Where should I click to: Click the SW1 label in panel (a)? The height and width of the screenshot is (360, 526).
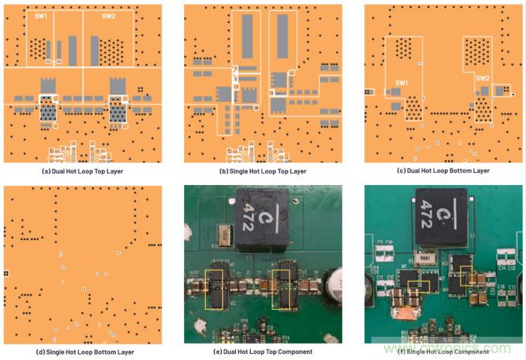(41, 15)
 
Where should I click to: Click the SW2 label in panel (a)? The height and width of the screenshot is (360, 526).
(109, 15)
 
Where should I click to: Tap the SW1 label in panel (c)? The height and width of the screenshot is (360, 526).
(401, 83)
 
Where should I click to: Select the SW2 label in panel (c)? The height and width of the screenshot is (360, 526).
(482, 78)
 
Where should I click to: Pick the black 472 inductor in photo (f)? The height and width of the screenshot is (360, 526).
(445, 216)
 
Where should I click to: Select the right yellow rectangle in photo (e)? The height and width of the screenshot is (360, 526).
(285, 287)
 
